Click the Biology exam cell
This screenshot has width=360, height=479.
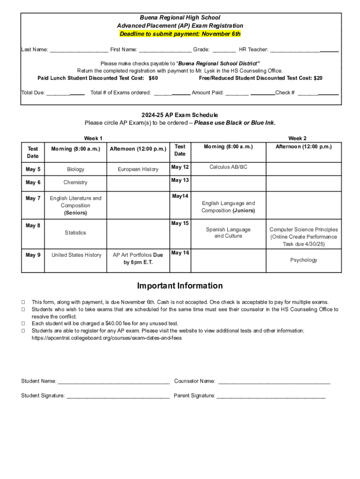point(75,169)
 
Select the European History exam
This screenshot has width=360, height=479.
point(138,169)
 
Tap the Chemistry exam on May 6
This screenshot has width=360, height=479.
point(75,182)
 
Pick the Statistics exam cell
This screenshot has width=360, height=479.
point(75,232)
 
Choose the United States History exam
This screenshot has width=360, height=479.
point(76,255)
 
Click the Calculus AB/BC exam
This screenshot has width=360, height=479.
point(228,167)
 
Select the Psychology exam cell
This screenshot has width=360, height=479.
point(303,260)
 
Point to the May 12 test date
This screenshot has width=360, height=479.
point(180,167)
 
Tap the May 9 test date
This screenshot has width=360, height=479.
point(33,255)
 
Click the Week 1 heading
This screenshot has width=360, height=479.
point(93,138)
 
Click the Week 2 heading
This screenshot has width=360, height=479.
point(297,138)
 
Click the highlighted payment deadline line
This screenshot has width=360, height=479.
point(180,34)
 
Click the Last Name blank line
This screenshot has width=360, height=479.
point(79,50)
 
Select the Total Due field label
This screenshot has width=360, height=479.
point(33,93)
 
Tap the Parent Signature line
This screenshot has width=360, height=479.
point(271,396)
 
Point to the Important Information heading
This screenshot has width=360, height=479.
point(180,286)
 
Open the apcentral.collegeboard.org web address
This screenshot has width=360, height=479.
point(107,338)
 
